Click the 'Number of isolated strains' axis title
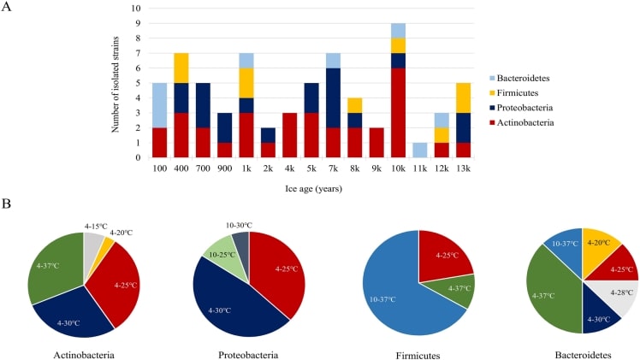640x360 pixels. pos(115,83)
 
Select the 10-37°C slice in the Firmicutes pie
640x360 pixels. pos(394,291)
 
